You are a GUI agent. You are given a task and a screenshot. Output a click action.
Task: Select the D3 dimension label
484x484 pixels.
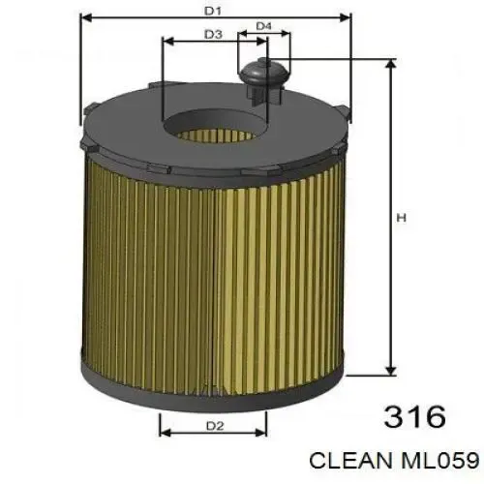coord(214,35)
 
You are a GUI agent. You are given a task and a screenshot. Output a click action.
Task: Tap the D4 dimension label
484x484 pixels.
coord(263,26)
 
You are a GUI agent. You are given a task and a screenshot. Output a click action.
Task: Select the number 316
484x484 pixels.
coord(414,417)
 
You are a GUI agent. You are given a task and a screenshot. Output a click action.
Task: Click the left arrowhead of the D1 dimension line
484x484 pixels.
coord(84,17)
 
